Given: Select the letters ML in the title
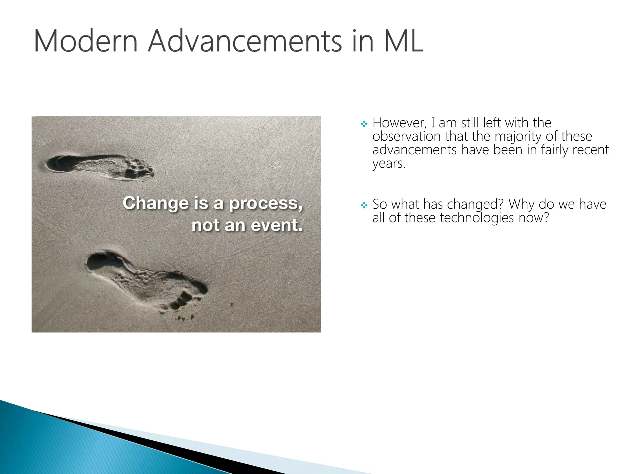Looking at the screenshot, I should point(403,41).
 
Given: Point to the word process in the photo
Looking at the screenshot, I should point(266,204).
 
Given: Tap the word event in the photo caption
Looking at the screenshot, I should point(277,225).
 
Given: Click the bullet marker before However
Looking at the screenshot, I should point(364,124).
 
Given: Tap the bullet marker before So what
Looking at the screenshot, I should point(364,205).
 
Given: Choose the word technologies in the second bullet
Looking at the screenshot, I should point(477,218).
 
